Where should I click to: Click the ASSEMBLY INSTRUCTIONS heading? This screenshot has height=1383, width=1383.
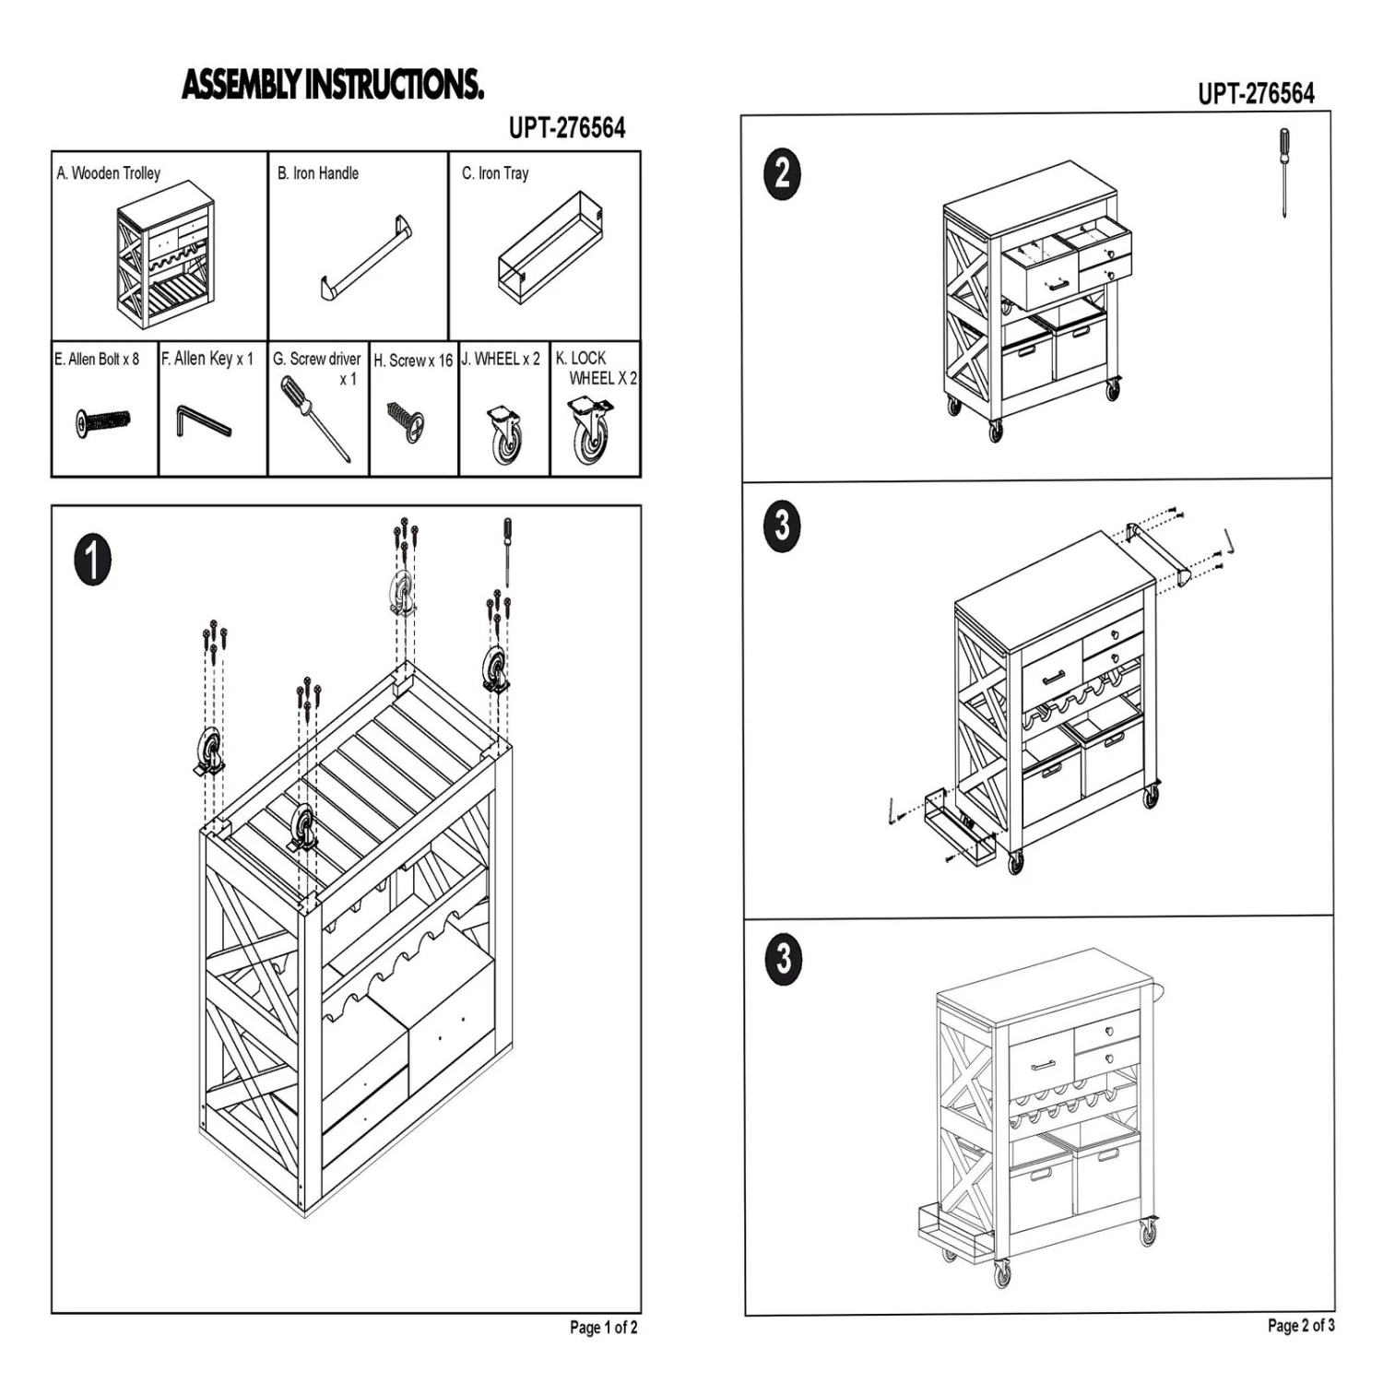[x=333, y=84]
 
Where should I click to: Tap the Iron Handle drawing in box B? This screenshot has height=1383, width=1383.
[x=367, y=258]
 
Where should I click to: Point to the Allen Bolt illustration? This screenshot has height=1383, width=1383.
[x=102, y=422]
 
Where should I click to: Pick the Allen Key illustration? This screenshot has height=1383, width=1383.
[x=202, y=422]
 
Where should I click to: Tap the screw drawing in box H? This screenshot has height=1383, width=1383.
[x=406, y=421]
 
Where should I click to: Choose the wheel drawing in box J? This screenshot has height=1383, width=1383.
[x=503, y=432]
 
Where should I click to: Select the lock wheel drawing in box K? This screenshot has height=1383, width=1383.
[x=590, y=429]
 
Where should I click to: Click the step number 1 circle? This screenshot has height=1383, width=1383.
[x=92, y=561]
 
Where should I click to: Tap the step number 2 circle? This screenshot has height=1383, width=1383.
[x=782, y=173]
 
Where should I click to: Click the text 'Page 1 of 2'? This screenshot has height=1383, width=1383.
[x=603, y=1328]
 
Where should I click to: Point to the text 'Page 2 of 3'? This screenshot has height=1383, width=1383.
[x=1300, y=1325]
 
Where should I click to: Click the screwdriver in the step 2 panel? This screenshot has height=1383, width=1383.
[x=1283, y=172]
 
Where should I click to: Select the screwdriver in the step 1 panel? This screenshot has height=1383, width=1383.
[x=506, y=550]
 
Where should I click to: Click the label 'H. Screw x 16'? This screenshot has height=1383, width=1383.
[x=413, y=361]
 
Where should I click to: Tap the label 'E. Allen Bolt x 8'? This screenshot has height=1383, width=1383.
[x=97, y=359]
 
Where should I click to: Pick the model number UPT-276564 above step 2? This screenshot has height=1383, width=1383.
[x=1256, y=94]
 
